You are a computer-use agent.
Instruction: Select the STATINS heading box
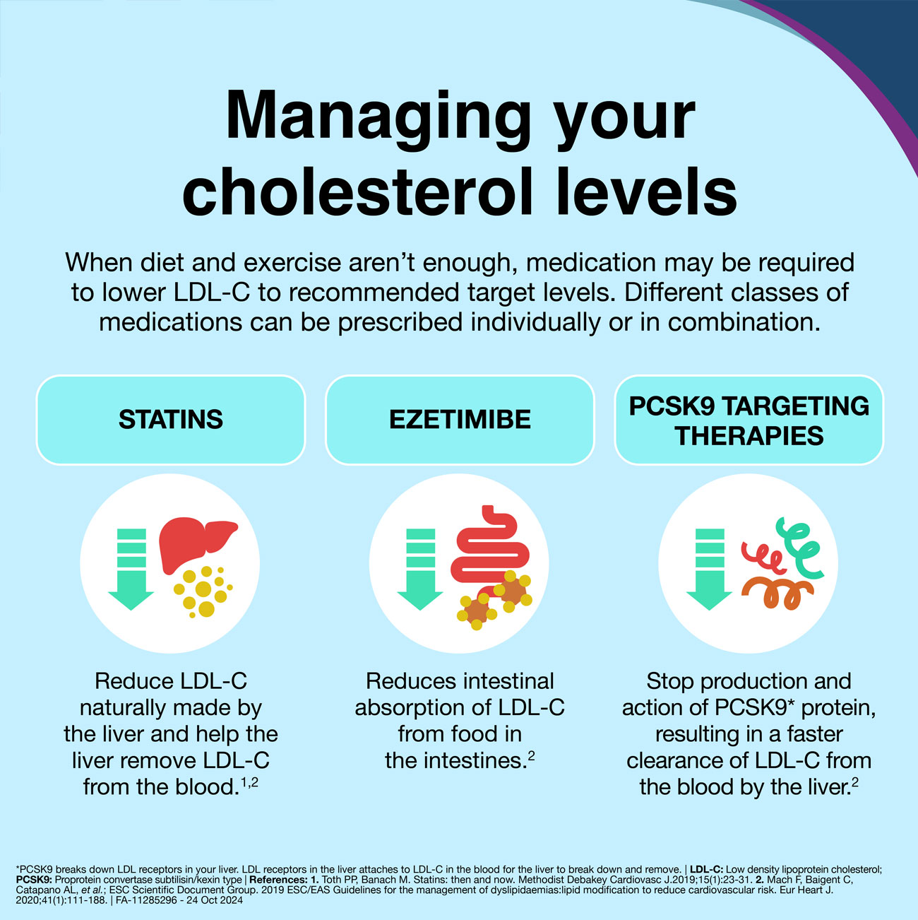(171, 420)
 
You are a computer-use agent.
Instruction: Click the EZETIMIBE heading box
(460, 420)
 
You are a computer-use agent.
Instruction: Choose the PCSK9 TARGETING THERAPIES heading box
(749, 420)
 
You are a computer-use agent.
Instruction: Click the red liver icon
(198, 545)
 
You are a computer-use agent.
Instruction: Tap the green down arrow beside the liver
(131, 569)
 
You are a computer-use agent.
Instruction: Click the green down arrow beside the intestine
(420, 569)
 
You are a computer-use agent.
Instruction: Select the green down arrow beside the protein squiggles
(710, 569)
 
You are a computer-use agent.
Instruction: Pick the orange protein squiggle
(777, 594)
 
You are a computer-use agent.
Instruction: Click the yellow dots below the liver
(203, 592)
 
